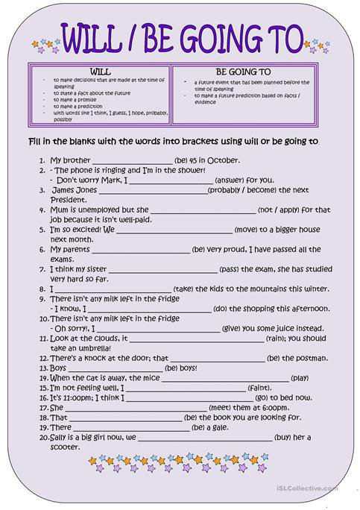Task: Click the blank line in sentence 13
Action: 116,368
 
